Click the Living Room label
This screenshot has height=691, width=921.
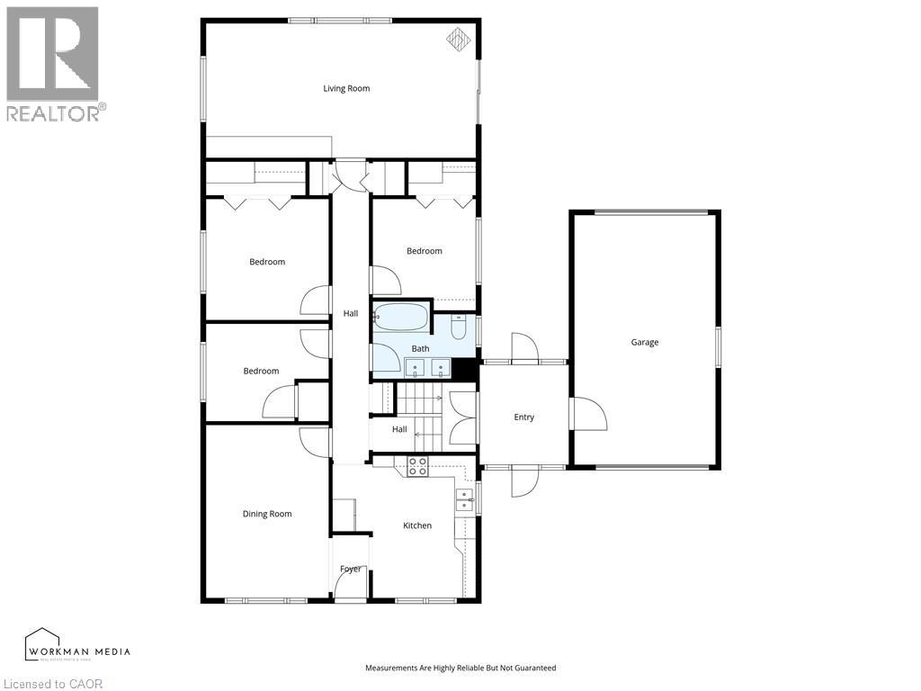346,89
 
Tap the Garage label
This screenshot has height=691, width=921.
645,343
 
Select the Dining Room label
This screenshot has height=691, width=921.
267,514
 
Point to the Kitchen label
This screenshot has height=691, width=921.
417,525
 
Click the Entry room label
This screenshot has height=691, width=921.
524,417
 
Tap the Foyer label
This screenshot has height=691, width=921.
351,569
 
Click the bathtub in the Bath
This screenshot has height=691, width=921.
401,318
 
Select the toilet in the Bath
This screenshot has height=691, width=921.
459,327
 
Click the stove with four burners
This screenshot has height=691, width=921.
417,466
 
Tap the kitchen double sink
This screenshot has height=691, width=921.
465,500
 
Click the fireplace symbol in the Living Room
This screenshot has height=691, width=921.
459,40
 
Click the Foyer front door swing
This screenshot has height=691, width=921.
351,583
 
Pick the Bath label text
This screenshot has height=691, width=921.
420,349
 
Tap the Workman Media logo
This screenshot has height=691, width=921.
77,645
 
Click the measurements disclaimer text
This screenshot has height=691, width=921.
460,669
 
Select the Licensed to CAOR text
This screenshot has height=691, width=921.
51,684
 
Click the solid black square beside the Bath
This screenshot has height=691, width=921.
466,370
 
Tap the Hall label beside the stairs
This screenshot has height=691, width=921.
399,429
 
